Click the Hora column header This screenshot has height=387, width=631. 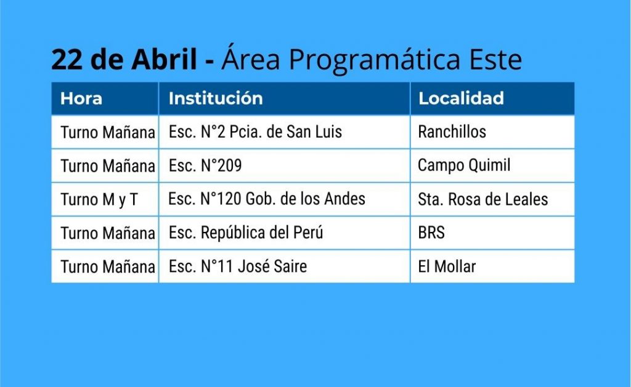click(81, 98)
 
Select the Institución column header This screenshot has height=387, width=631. click(216, 98)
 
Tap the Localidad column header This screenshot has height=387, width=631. click(461, 98)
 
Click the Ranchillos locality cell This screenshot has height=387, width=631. click(452, 132)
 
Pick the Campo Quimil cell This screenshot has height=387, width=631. click(464, 165)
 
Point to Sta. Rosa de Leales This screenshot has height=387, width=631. click(483, 199)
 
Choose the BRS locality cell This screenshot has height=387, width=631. click(431, 233)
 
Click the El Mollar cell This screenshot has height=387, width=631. click(447, 266)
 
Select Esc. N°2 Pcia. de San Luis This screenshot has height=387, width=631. click(255, 132)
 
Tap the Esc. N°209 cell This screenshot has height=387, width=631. click(205, 165)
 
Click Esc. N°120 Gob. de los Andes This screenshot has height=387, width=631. click(267, 199)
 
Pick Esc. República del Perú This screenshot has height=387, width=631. click(246, 233)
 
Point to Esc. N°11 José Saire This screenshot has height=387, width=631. click(238, 266)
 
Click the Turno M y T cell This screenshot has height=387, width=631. click(99, 200)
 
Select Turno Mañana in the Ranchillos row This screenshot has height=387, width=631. click(108, 132)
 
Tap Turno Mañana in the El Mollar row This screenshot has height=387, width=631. click(108, 267)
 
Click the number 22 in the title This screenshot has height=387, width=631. click(67, 60)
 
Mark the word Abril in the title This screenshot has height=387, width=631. click(164, 59)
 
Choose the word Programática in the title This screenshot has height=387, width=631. click(375, 60)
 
